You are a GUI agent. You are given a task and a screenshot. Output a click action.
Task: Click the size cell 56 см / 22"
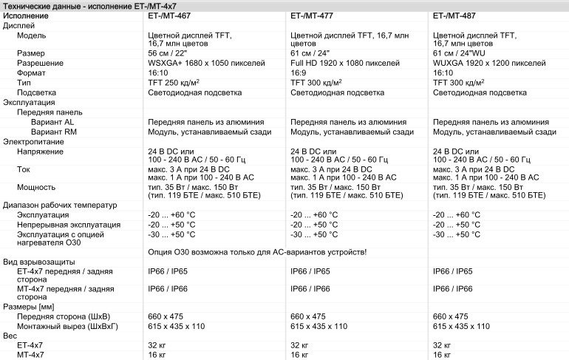(175, 54)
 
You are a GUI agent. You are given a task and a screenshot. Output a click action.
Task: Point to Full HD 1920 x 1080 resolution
(345, 64)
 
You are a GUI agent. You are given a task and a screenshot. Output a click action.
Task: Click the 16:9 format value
(299, 73)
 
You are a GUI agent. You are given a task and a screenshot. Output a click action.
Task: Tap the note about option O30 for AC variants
(258, 253)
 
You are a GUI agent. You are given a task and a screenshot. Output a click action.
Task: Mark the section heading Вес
(10, 336)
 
